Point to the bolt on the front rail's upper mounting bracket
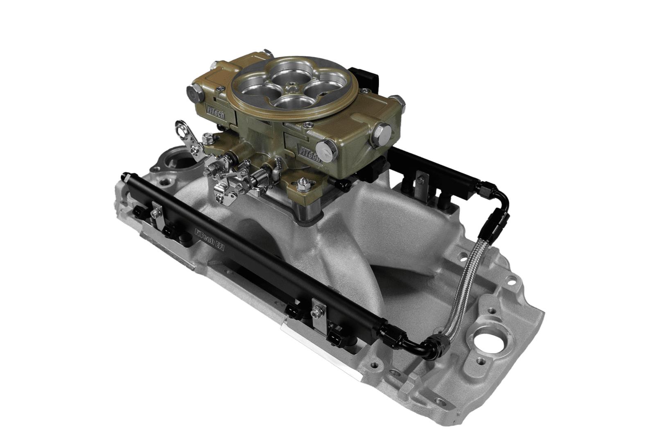156,212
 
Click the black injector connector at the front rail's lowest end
339,332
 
